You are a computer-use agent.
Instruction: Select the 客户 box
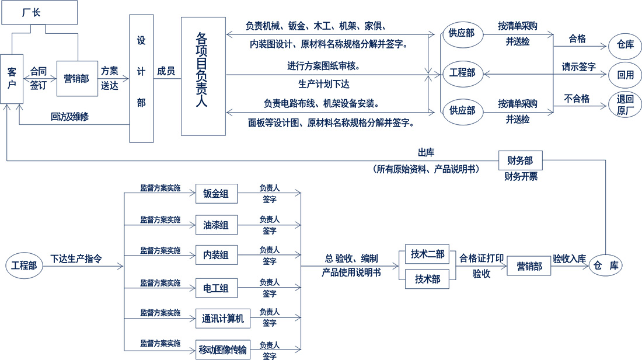point(11,78)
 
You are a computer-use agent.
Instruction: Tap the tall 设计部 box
point(141,79)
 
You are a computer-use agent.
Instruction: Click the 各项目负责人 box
point(203,76)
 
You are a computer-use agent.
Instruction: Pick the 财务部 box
point(521,159)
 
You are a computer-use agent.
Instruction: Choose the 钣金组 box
point(217,194)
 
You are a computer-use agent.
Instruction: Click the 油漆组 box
point(217,225)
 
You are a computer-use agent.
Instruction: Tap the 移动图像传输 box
point(222,350)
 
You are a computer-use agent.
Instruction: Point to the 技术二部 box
point(427,254)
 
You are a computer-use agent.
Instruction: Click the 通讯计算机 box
point(222,319)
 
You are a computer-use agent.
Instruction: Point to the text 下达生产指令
point(76,258)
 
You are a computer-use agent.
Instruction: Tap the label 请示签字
point(578,67)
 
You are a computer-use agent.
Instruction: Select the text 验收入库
point(569,258)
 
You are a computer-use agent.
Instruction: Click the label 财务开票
point(521,176)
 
